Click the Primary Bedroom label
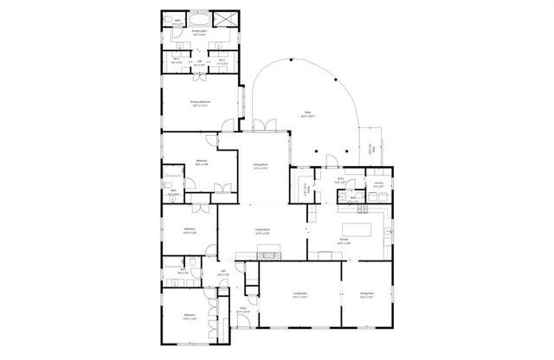[201, 103]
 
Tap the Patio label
[307, 113]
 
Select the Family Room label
[262, 230]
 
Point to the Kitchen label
[345, 241]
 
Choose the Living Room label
[300, 295]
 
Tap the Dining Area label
[368, 295]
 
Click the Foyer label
[244, 309]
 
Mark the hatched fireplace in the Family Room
[269, 253]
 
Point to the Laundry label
[378, 184]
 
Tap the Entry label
[341, 181]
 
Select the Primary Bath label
[201, 32]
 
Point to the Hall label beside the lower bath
[222, 273]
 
